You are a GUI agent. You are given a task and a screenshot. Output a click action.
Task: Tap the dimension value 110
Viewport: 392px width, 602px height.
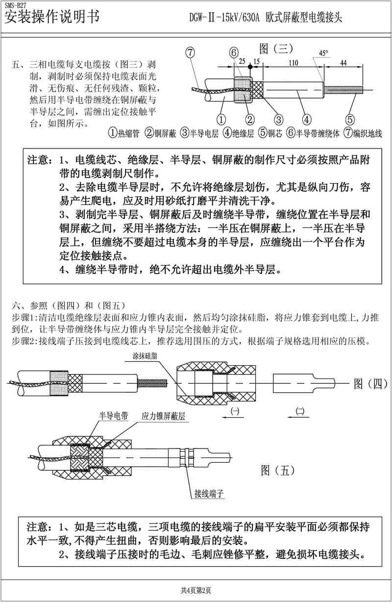tap(294, 63)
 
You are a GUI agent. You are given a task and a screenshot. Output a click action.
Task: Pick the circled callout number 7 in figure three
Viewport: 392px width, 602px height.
tap(191, 53)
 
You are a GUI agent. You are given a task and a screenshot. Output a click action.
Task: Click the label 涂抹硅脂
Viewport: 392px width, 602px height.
tap(144, 356)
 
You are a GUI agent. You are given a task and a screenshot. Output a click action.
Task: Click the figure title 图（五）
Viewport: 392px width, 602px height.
tap(278, 471)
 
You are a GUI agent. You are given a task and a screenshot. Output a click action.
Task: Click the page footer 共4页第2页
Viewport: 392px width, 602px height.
tap(196, 590)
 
